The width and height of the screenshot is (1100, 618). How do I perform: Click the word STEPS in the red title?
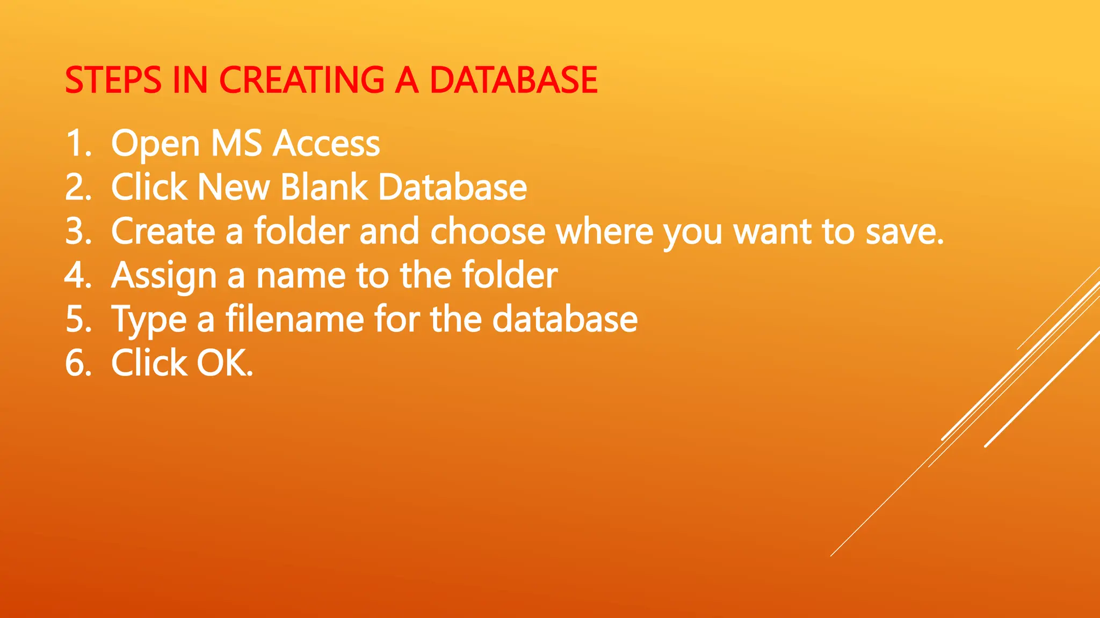pos(113,80)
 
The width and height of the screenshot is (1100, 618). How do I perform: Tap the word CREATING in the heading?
pos(301,80)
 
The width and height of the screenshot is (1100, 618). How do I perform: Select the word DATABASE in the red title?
pos(513,80)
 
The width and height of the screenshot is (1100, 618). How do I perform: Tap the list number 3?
pos(78,231)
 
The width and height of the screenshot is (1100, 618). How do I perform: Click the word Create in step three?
pos(163,231)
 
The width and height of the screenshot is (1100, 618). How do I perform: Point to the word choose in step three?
pos(488,231)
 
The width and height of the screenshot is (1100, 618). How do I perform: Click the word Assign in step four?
pos(164,276)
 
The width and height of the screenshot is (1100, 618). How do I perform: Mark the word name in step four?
pos(301,276)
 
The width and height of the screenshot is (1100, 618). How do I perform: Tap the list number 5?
pos(78,319)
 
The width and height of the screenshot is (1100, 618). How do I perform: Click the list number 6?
pos(78,363)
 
